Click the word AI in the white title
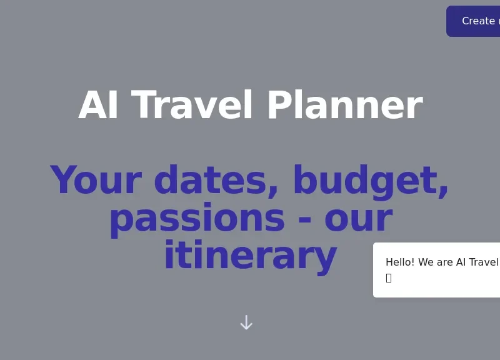(99, 106)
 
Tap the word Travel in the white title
(192, 106)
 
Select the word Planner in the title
(344, 106)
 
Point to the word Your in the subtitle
(96, 181)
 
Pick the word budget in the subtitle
(366, 182)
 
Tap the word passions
(196, 219)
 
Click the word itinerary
(250, 256)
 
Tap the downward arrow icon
(246, 322)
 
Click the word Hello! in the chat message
(400, 262)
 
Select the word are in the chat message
(445, 262)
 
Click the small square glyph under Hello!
(389, 278)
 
